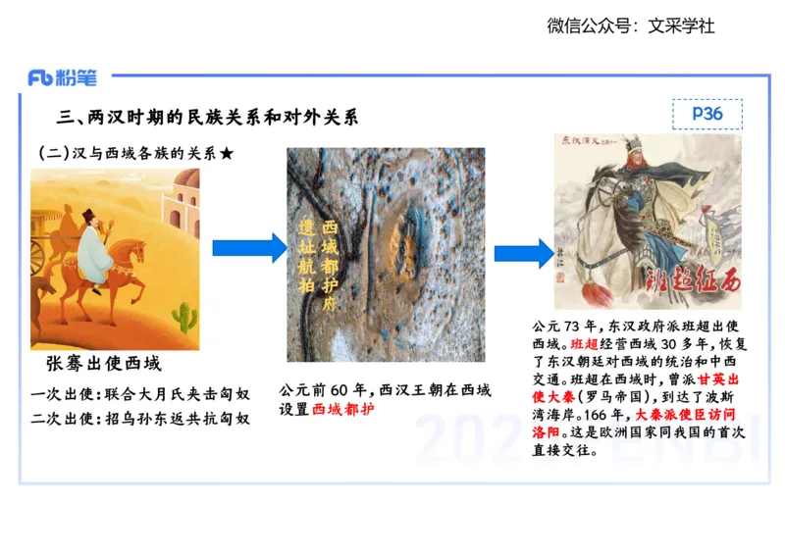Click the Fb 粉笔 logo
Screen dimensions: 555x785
pyautogui.click(x=62, y=77)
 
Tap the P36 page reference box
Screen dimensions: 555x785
pyautogui.click(x=706, y=114)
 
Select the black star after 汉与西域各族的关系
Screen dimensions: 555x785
pyautogui.click(x=228, y=154)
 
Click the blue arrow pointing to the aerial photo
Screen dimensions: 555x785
pyautogui.click(x=249, y=248)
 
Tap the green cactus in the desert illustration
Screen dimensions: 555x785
pyautogui.click(x=183, y=316)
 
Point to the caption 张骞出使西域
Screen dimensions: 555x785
pyautogui.click(x=104, y=364)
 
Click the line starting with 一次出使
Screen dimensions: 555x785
pyautogui.click(x=140, y=394)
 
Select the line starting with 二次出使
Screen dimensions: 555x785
pyautogui.click(x=140, y=418)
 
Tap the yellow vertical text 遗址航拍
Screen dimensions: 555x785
pyautogui.click(x=306, y=255)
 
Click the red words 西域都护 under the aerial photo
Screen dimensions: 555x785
pyautogui.click(x=343, y=410)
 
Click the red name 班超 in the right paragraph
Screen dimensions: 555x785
pyautogui.click(x=583, y=344)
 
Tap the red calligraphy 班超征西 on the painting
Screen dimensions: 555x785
pyautogui.click(x=692, y=281)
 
